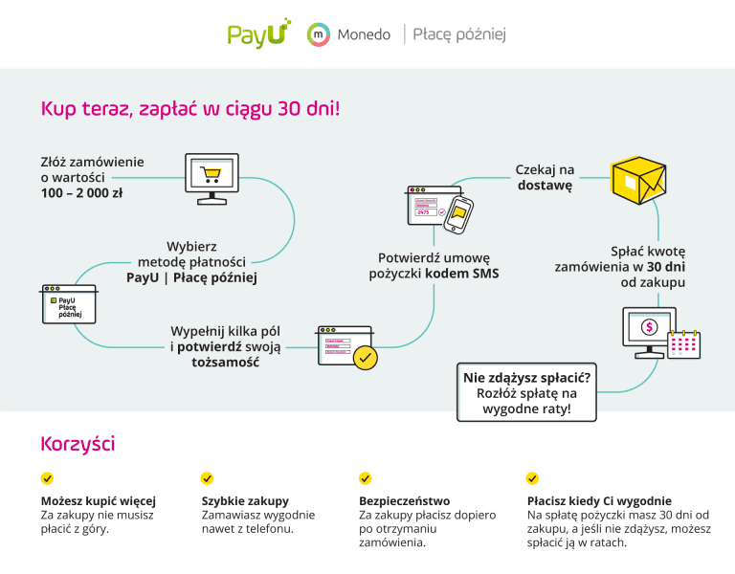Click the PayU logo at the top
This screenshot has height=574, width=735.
[258, 33]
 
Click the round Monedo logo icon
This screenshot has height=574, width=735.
[318, 34]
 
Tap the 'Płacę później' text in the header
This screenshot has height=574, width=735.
[459, 34]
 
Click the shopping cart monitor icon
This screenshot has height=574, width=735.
[211, 176]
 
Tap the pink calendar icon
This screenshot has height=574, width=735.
[683, 342]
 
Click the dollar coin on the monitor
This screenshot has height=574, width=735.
[649, 327]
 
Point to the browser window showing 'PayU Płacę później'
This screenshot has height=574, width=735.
[69, 303]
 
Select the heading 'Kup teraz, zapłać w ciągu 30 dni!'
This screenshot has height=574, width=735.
[189, 108]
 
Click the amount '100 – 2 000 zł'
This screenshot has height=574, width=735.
[81, 193]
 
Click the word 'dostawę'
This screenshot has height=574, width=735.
[545, 186]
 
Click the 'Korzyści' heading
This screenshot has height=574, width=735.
[78, 444]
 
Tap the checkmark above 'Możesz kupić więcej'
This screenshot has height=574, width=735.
[47, 478]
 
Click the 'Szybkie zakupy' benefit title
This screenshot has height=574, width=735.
[245, 500]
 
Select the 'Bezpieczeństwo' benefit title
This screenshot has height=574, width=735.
[404, 500]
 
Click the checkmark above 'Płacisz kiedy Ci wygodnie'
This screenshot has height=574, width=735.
[532, 478]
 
